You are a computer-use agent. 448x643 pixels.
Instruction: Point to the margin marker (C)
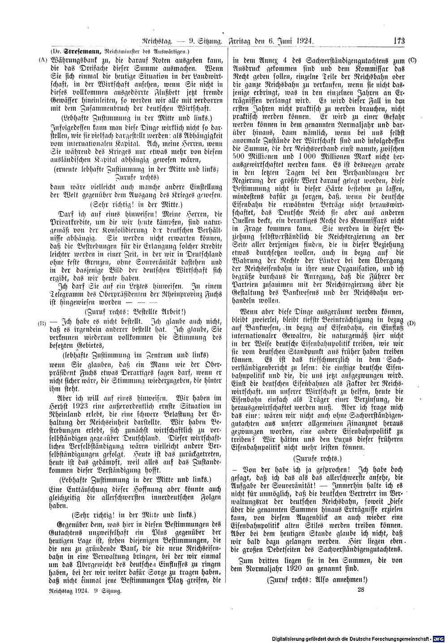click(413, 60)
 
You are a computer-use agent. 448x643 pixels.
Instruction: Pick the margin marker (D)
click(412, 323)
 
